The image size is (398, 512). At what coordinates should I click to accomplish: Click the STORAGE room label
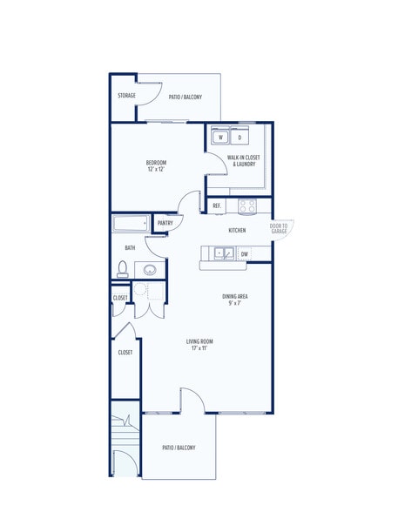point(126,96)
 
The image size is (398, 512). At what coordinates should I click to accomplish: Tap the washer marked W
point(220,136)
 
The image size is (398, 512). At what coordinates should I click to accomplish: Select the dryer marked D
point(239,136)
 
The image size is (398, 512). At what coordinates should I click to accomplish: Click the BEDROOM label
point(156,162)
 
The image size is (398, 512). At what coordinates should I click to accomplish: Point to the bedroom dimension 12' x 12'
point(156,169)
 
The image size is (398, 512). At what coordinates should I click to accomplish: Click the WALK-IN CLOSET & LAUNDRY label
point(244,160)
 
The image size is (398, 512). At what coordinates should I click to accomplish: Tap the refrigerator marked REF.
point(217,206)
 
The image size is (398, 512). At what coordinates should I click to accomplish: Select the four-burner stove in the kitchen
point(247,206)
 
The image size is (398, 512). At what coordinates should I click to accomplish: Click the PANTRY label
point(165,223)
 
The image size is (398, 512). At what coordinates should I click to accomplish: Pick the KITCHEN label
point(237,230)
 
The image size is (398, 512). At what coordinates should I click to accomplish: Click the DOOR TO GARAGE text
point(279,228)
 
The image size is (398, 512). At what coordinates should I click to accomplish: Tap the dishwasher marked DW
point(245,253)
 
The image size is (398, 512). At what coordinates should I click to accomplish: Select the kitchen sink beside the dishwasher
point(224,253)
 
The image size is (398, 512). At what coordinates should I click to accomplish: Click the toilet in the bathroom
point(123,269)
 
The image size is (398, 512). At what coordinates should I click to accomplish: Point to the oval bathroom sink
point(150,270)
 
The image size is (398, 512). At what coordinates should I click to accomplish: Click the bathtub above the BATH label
point(131,223)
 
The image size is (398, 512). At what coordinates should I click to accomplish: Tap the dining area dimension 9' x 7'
point(235,303)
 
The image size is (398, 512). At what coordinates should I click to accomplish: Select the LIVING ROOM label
point(199,341)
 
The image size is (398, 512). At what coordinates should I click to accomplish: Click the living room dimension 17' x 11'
point(199,348)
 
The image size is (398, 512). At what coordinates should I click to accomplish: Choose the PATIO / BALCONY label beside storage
point(186,97)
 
